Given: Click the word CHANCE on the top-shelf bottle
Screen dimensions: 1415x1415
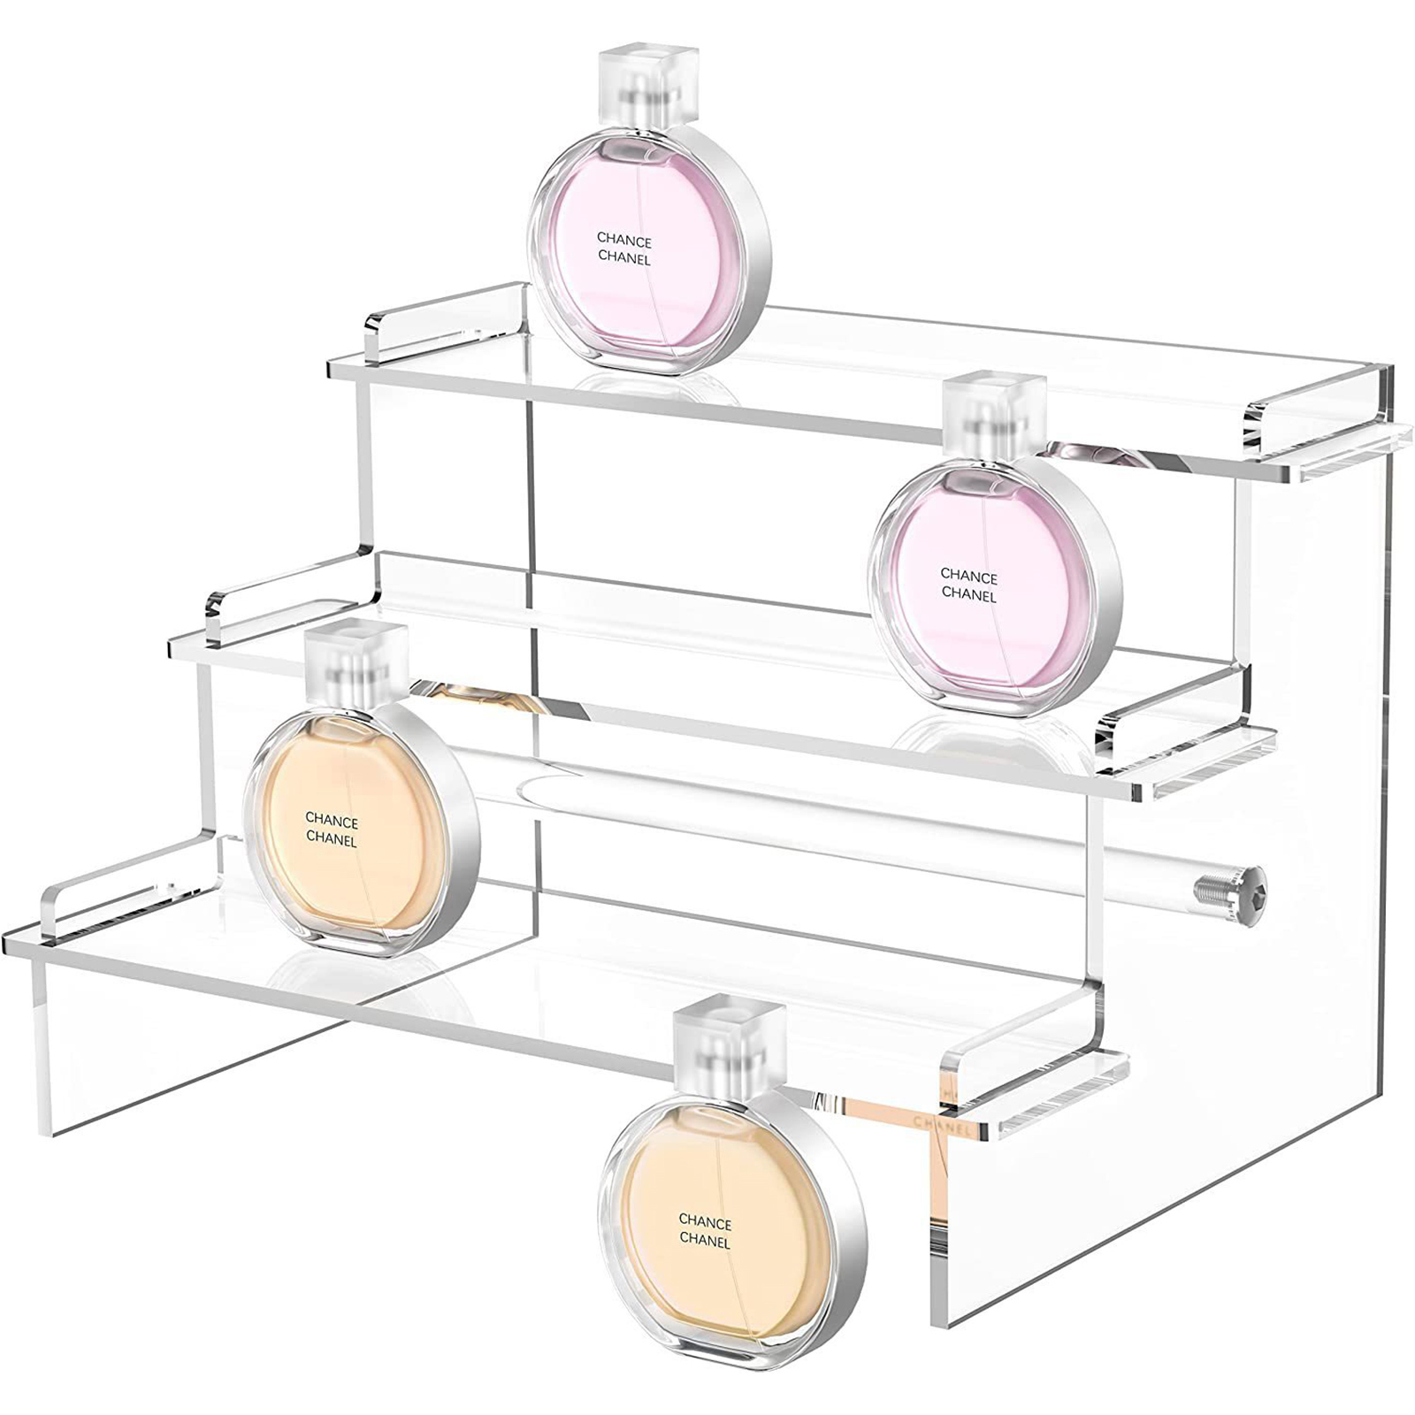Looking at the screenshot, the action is (x=623, y=241).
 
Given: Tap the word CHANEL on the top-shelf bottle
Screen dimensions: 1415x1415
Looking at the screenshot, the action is (x=623, y=258).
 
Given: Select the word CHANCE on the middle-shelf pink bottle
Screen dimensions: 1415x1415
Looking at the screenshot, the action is (x=968, y=577).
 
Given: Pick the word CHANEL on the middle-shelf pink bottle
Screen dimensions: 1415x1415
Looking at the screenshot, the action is (x=968, y=595).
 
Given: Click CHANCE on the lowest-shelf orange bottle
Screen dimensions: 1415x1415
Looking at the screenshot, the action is (x=332, y=821).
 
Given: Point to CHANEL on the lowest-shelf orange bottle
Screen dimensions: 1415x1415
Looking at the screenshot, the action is (x=332, y=838).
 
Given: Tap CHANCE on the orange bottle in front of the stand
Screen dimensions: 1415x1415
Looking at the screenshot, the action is (x=705, y=1223).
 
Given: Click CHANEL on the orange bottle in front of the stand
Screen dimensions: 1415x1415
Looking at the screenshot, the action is (x=705, y=1242).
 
